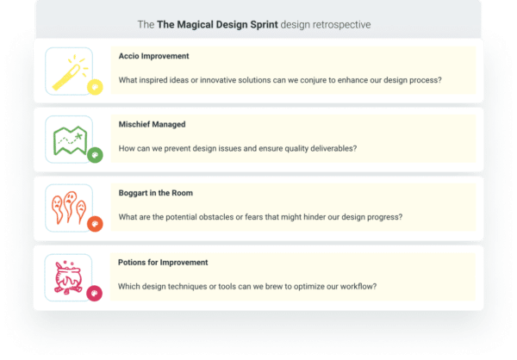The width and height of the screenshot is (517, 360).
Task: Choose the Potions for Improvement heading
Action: (162, 262)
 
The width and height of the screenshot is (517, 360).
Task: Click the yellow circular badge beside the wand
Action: (96, 86)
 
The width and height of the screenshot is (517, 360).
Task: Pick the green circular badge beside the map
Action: (96, 155)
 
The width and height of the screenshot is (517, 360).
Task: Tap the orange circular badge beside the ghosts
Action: (96, 224)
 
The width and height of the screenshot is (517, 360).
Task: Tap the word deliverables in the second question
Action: (327, 148)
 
